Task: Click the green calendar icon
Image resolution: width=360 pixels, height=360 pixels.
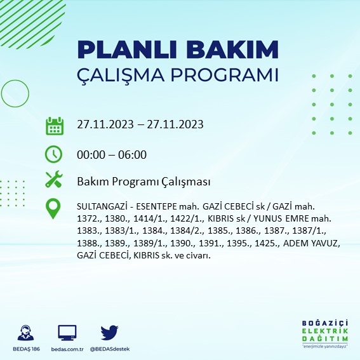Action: click(x=54, y=125)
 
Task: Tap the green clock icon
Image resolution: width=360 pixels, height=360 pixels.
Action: click(x=54, y=154)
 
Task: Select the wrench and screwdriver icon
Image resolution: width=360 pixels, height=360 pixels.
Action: click(x=54, y=180)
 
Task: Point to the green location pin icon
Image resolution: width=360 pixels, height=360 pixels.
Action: click(x=54, y=209)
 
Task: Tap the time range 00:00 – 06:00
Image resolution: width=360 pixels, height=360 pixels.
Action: click(x=111, y=154)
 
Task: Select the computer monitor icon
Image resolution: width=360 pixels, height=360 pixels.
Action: click(x=67, y=333)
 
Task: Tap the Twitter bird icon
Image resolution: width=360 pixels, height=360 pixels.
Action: click(x=110, y=333)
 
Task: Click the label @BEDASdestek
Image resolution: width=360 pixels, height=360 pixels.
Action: click(x=110, y=349)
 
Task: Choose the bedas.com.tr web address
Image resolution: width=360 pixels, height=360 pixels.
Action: click(x=67, y=349)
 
